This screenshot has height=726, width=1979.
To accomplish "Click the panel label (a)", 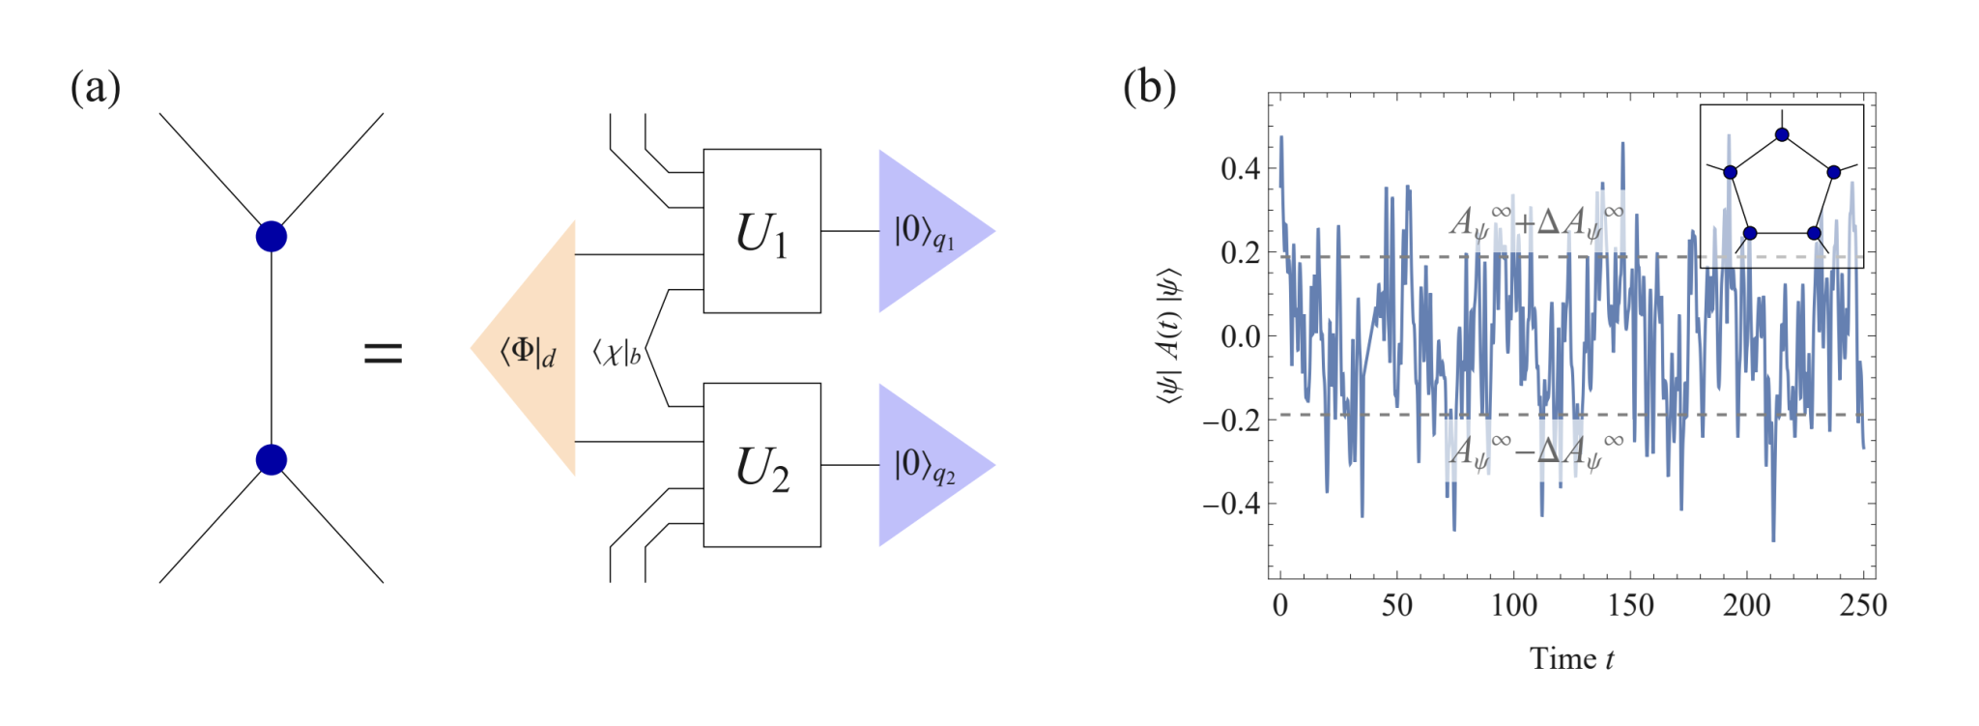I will [x=96, y=88].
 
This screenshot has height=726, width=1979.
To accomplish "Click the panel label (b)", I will [x=1149, y=88].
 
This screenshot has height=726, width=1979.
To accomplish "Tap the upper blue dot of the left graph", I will [x=272, y=236].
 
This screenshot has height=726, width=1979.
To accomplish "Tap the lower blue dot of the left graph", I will [x=272, y=459].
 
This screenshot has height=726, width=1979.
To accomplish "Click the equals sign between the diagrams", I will [x=383, y=353].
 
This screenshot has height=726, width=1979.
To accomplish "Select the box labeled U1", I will [x=761, y=231].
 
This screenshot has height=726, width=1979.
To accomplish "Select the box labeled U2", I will [x=761, y=465].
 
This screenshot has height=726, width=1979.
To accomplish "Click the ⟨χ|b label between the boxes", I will [x=617, y=352].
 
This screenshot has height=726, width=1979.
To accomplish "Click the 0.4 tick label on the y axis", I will [x=1240, y=169].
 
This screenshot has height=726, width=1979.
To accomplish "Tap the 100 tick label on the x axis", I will [x=1513, y=606].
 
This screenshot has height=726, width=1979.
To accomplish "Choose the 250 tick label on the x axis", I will [x=1863, y=606].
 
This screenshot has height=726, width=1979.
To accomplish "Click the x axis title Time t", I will [x=1571, y=659].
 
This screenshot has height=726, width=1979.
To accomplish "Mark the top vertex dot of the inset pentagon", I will [x=1782, y=134].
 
